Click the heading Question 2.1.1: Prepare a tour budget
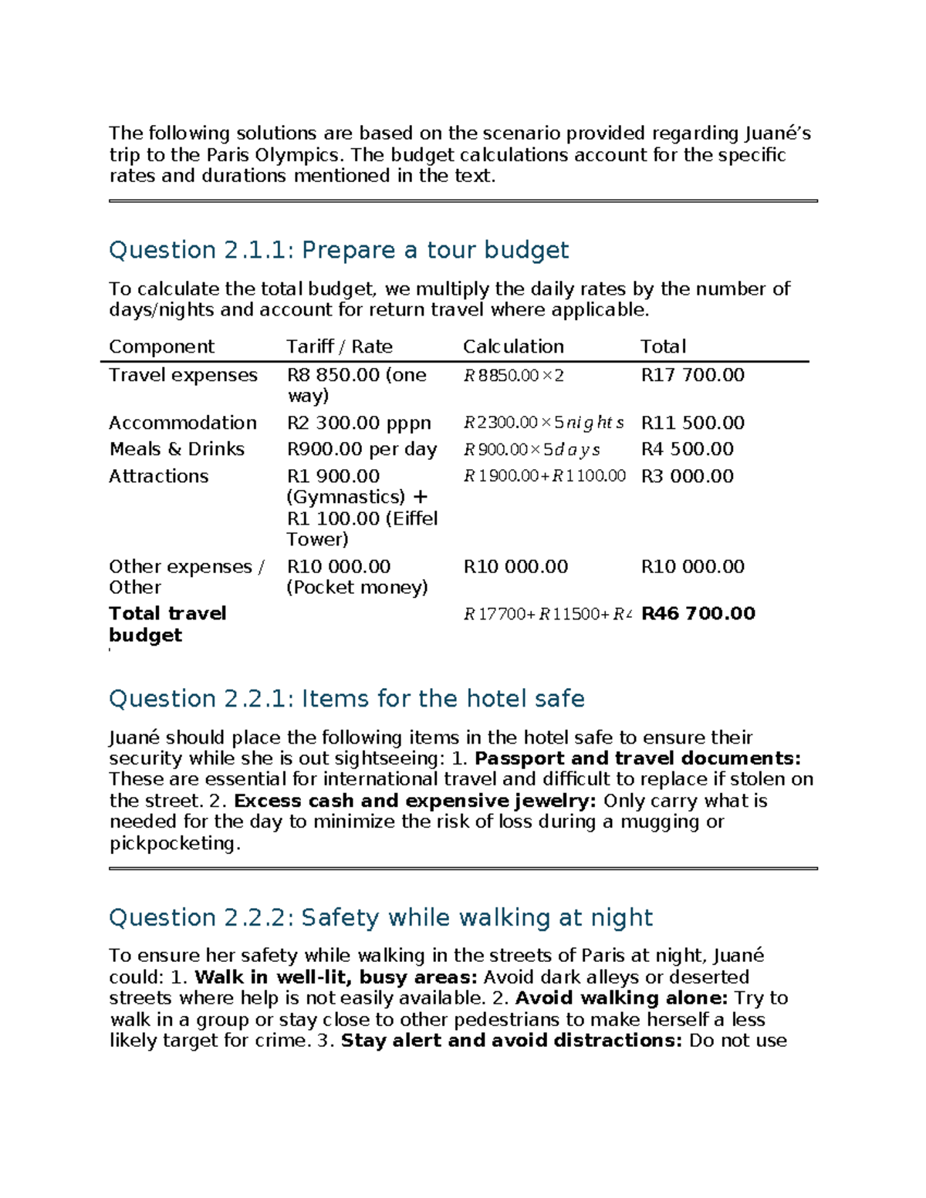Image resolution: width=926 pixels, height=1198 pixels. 338,250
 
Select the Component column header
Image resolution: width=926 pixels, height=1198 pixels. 161,346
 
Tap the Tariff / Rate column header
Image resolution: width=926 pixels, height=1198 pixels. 339,346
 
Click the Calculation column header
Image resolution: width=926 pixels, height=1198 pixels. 513,346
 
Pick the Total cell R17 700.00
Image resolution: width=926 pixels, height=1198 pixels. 692,375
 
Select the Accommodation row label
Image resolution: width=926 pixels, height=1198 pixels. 182,423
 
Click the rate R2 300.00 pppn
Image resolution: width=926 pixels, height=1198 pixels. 359,423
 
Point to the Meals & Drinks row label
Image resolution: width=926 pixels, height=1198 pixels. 177,449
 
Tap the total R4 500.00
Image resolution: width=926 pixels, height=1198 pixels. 687,449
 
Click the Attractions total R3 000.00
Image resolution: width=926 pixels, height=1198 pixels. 687,476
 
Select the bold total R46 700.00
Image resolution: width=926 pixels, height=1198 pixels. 698,613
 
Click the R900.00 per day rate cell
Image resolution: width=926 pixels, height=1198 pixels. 361,449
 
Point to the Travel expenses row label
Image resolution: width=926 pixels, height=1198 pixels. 183,375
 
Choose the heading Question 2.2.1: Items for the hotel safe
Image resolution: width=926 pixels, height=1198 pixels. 346,698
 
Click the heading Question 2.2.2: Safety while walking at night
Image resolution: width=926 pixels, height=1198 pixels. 380,917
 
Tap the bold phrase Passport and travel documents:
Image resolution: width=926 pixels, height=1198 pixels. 637,758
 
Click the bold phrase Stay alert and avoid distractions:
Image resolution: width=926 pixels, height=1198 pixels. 512,1041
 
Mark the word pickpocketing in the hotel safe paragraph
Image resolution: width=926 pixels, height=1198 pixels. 174,843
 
